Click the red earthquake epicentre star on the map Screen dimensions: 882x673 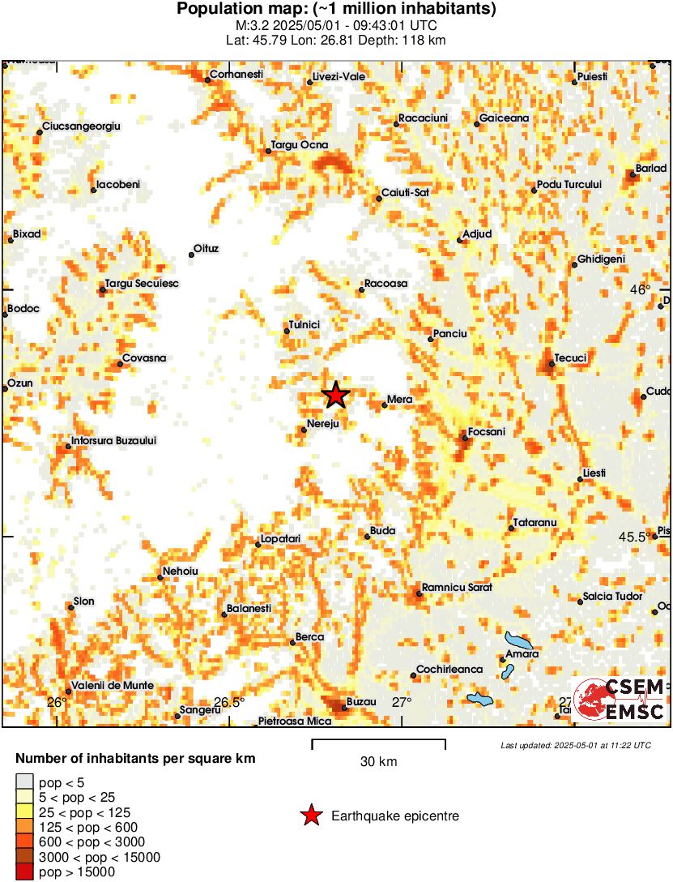335,396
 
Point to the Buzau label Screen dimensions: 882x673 361,702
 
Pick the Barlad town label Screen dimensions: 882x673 651,168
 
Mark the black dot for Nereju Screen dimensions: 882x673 304,430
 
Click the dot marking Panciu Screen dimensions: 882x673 431,339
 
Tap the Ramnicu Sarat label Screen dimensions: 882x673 458,588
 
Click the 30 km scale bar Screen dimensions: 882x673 378,740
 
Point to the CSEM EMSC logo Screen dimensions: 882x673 620,699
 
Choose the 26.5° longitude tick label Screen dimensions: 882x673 229,702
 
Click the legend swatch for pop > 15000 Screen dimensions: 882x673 25,872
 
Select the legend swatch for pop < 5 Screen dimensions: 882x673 25,782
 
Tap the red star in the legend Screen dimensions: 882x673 311,816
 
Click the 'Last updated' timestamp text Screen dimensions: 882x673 575,745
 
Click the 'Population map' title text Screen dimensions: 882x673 336,10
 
